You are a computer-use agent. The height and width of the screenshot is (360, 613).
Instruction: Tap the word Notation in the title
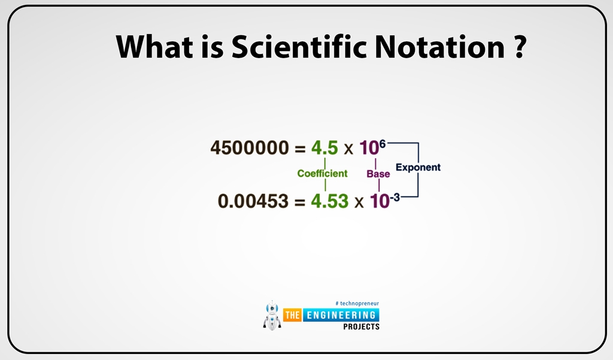click(440, 47)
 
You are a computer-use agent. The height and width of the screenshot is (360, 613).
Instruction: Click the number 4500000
click(250, 148)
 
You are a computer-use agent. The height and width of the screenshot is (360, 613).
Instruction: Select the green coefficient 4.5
click(324, 148)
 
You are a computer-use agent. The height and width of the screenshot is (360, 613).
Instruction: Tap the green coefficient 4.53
click(329, 201)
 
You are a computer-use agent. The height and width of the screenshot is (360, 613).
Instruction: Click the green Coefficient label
click(322, 174)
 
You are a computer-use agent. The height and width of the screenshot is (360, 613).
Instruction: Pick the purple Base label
click(378, 174)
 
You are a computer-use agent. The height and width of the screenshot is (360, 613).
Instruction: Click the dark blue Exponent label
click(418, 168)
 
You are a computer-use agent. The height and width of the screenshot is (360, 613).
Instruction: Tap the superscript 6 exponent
click(383, 144)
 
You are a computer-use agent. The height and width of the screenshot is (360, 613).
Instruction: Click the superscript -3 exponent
click(393, 196)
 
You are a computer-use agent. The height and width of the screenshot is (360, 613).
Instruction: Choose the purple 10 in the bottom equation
click(379, 202)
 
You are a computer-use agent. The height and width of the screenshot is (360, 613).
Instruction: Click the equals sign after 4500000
click(300, 149)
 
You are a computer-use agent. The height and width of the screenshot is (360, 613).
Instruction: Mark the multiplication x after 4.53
click(359, 202)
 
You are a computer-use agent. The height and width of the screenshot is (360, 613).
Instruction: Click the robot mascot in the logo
click(272, 315)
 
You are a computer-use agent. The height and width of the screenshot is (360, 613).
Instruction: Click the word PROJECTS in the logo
click(361, 327)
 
